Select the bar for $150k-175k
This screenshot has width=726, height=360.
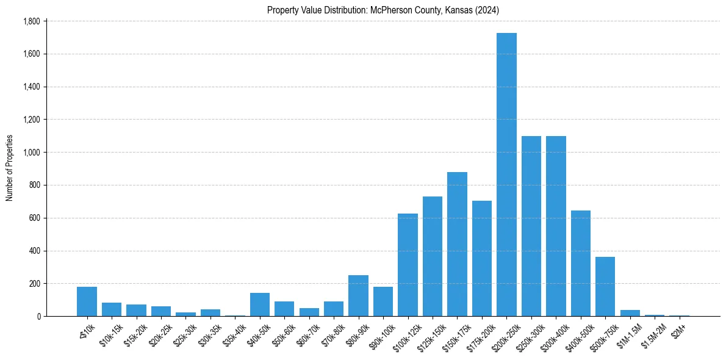pyautogui.click(x=457, y=244)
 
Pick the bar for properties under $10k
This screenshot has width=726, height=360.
pyautogui.click(x=87, y=301)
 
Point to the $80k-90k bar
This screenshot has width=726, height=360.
pyautogui.click(x=358, y=296)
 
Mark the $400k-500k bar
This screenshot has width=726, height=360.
pyautogui.click(x=580, y=263)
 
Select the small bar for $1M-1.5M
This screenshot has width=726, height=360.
pyautogui.click(x=630, y=313)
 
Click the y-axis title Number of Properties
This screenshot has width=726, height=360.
pyautogui.click(x=10, y=168)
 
